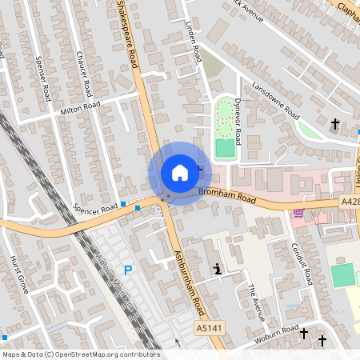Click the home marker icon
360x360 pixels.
[x=179, y=173]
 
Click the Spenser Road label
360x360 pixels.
[x=43, y=74]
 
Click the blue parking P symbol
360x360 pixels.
[x=126, y=271]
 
